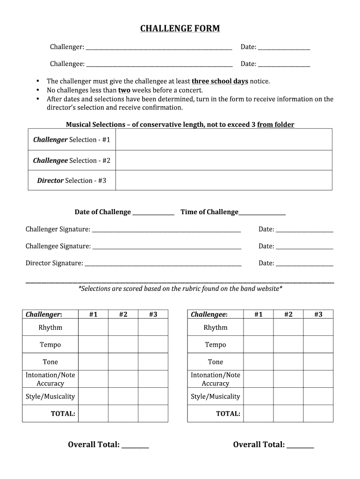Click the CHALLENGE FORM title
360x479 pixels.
click(180, 29)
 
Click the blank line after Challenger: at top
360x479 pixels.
click(159, 47)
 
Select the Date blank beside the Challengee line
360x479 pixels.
click(284, 64)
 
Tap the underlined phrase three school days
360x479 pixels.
click(220, 81)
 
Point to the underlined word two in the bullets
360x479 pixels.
click(124, 90)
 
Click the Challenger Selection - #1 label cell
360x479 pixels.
click(72, 140)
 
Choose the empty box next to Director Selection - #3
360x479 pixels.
click(223, 181)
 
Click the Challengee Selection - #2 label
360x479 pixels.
click(72, 160)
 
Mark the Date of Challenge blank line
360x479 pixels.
click(153, 213)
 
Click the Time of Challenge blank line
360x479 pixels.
click(262, 213)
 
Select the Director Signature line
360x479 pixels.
click(163, 264)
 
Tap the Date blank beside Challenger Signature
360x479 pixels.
click(304, 230)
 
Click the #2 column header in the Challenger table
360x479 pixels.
click(123, 314)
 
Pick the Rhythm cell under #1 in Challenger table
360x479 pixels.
click(93, 327)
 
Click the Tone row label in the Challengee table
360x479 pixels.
click(216, 362)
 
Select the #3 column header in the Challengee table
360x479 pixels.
click(318, 314)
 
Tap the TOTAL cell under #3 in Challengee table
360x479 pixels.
click(318, 414)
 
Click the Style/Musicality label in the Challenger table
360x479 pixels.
click(50, 397)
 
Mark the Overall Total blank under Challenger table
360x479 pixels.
click(135, 445)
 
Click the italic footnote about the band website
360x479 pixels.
click(180, 289)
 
